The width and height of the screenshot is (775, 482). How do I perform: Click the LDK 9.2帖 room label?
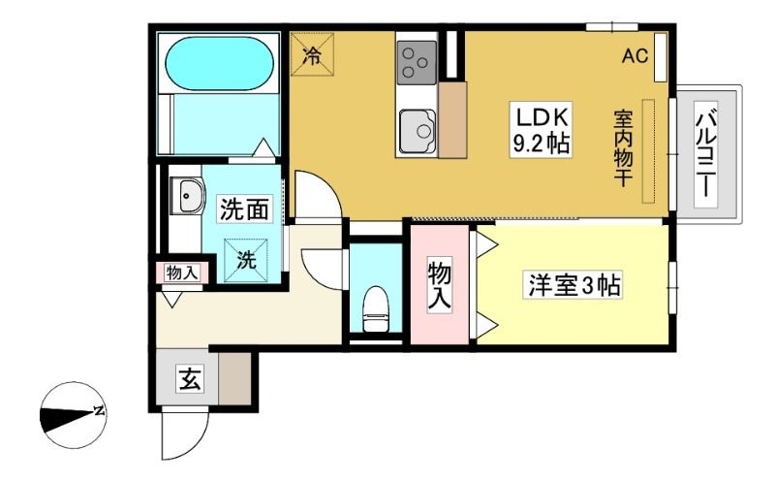(x=542, y=130)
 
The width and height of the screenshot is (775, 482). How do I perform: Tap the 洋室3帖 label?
(x=573, y=284)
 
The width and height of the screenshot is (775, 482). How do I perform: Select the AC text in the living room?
(x=635, y=56)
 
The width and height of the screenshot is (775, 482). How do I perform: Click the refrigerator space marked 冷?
(x=312, y=54)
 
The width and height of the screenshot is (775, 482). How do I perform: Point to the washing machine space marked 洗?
(x=246, y=260)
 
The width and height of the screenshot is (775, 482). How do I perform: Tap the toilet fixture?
(x=377, y=308)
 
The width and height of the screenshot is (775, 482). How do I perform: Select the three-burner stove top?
(x=417, y=62)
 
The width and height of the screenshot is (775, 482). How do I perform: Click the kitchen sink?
(x=418, y=131)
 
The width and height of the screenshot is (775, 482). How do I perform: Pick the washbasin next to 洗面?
(x=188, y=196)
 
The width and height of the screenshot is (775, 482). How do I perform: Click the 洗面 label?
(x=245, y=209)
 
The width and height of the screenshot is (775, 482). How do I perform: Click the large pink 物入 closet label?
(x=440, y=286)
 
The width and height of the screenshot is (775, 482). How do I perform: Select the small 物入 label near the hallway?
(x=182, y=273)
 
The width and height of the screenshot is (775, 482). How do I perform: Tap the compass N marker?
(x=100, y=410)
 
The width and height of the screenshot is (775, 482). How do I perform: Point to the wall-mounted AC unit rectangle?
(x=661, y=57)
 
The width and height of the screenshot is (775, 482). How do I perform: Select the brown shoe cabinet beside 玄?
(x=234, y=379)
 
